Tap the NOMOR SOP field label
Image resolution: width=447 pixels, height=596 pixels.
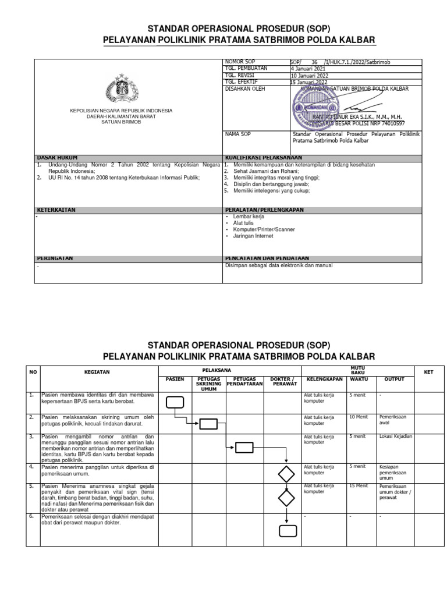239,61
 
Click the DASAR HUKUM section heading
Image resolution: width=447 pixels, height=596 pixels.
58,158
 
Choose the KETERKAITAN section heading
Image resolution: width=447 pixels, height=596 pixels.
56,210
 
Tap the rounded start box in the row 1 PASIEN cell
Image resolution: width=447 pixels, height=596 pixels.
175,402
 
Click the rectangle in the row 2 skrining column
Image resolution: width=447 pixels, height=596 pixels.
208,424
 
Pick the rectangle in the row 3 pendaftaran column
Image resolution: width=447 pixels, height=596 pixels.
244,447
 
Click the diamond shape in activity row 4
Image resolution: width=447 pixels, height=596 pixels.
286,473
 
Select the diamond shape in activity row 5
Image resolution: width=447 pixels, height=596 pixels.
286,498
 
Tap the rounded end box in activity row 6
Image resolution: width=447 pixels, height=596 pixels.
288,530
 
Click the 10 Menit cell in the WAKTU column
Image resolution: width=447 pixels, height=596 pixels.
359,417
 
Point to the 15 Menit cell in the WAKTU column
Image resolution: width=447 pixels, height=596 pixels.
359,485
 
